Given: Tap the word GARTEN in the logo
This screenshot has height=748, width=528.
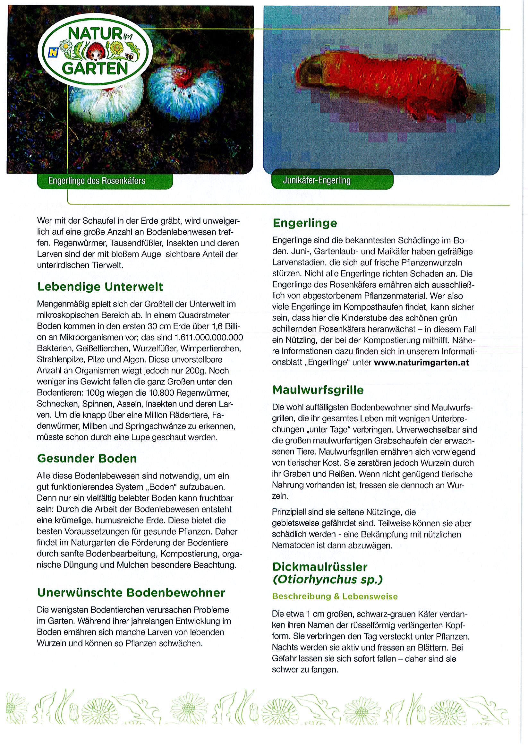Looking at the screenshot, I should [95, 68].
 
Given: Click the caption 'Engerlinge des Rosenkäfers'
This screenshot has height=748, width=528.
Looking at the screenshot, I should [97, 181].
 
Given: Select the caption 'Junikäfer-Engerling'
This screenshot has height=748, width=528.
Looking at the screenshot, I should [317, 180].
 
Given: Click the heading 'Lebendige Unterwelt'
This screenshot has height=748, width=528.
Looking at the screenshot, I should [100, 287].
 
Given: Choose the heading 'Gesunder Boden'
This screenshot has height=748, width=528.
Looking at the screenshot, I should [87, 458].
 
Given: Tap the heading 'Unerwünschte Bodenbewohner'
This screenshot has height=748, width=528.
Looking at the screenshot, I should [131, 593].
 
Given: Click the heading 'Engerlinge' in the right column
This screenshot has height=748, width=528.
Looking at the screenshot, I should [305, 223].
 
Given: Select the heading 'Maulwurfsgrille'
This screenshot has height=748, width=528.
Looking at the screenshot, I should [318, 390].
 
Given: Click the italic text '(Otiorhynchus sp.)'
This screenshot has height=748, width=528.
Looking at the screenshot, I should [327, 580].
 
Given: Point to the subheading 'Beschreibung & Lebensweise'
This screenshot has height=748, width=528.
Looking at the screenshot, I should [335, 597].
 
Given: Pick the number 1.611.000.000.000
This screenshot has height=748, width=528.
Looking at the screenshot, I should [209, 337].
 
